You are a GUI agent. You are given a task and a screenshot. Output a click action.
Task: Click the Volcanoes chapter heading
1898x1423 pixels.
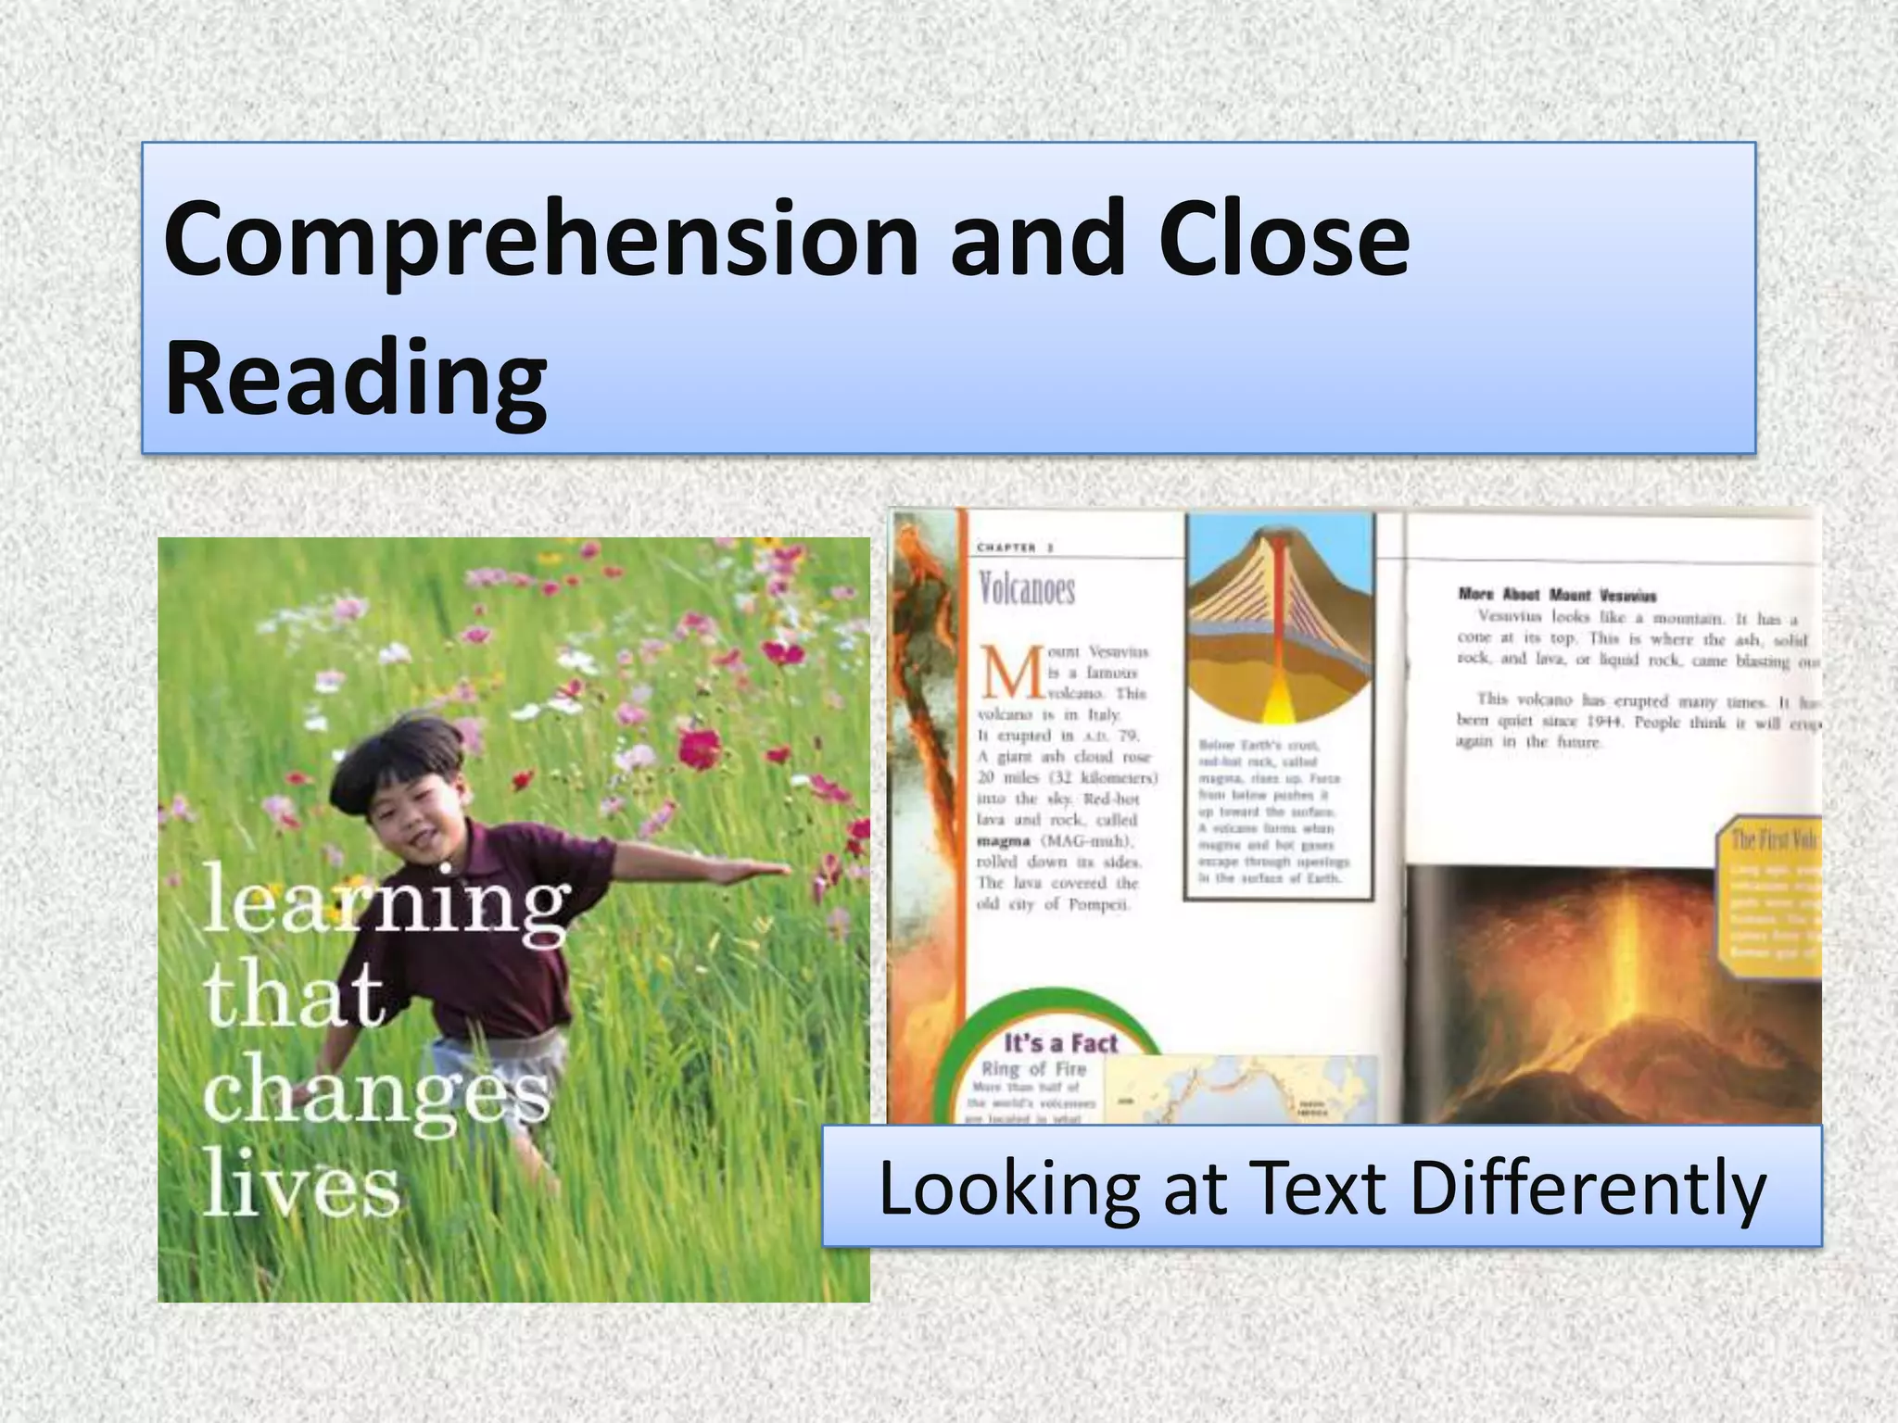[1026, 589]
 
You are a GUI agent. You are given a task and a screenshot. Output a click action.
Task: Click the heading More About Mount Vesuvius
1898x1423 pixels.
[1556, 595]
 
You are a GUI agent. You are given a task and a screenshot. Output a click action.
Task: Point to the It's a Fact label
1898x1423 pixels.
[1061, 1044]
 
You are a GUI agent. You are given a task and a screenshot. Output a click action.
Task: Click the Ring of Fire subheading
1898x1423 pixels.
[1033, 1069]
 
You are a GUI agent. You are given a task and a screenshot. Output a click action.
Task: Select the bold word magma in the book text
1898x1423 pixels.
[1003, 841]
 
